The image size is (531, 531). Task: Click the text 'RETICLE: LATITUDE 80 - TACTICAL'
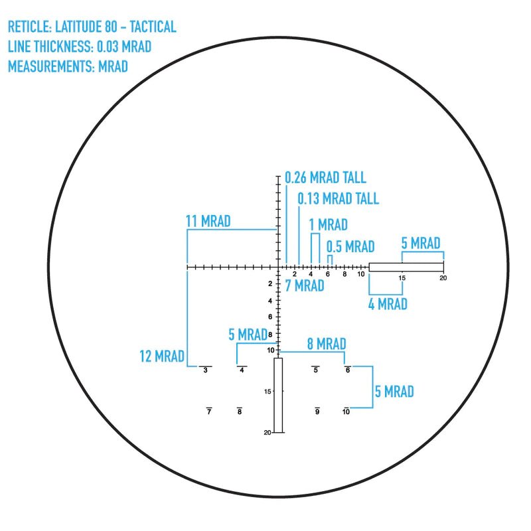click(x=92, y=27)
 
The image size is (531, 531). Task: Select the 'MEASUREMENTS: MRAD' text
click(x=68, y=66)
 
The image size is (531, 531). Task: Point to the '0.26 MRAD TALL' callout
click(x=325, y=178)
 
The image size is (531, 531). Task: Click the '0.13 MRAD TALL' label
click(x=338, y=198)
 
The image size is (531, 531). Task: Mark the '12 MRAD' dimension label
click(x=162, y=356)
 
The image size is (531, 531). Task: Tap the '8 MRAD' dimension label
click(x=326, y=344)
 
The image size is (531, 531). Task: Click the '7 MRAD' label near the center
click(x=305, y=286)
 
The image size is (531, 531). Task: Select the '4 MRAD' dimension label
click(x=388, y=304)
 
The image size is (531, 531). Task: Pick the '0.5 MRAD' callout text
click(x=350, y=247)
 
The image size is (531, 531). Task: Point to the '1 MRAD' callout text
click(x=328, y=225)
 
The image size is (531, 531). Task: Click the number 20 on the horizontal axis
click(x=443, y=278)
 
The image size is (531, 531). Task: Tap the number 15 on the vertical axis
click(x=267, y=392)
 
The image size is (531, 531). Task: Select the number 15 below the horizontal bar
click(x=402, y=278)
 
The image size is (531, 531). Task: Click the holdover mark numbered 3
click(x=206, y=370)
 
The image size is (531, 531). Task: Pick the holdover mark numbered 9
click(x=317, y=412)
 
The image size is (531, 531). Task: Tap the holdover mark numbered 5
click(x=316, y=370)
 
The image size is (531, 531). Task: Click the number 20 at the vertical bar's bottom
click(x=267, y=433)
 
